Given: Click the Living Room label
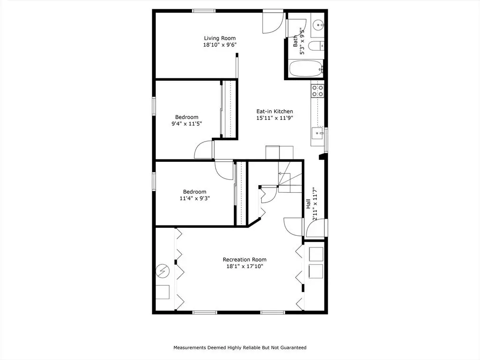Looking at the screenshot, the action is point(220,38).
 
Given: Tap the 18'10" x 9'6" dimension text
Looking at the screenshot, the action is point(220,45).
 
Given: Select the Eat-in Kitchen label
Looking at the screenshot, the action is point(275,112).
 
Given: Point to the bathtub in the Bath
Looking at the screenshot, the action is point(306,68).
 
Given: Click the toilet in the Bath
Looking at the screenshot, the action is point(316,46).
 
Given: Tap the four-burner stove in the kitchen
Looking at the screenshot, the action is point(317,91).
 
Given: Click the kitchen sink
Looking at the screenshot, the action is point(317,133).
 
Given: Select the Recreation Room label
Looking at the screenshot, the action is point(245,260).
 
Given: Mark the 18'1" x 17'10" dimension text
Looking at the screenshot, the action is point(245,266).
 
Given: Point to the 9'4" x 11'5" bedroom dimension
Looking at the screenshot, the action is point(187,124).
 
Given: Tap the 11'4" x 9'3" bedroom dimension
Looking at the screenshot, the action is point(195,198).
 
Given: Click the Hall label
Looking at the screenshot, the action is point(308,204).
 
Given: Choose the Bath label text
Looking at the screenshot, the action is point(295,41).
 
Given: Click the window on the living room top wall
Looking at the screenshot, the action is point(204,11).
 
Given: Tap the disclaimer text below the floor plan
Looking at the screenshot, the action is point(240,347).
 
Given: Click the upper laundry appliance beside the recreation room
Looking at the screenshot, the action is point(315,254).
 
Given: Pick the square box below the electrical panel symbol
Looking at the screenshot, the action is point(163,292).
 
